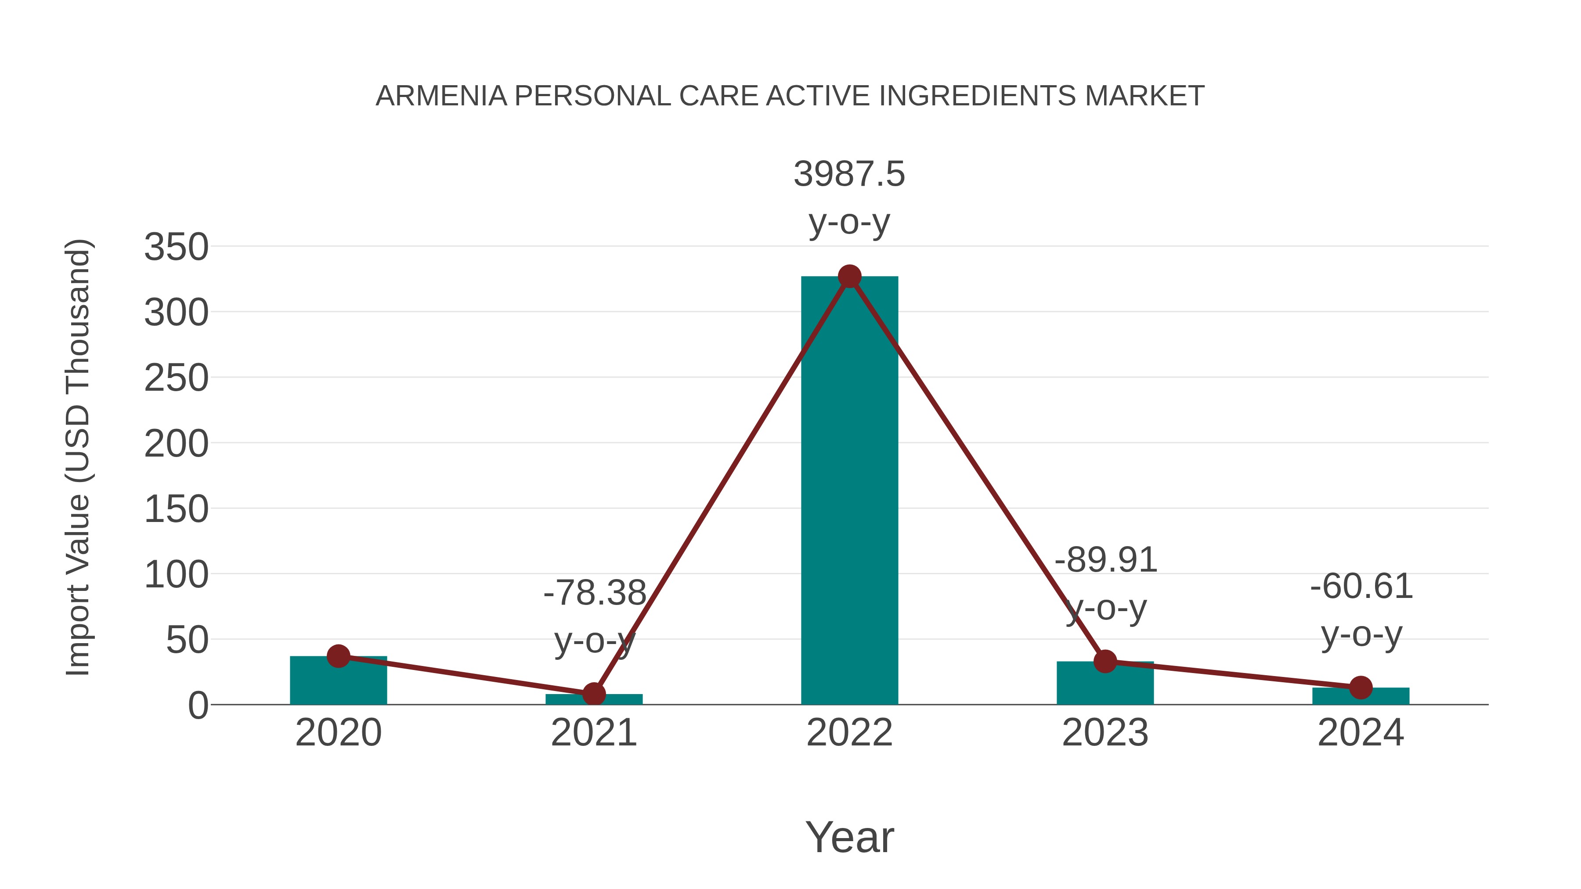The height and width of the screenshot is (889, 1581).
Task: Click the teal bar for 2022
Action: click(x=849, y=491)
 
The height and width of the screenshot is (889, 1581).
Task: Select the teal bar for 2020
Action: click(x=338, y=681)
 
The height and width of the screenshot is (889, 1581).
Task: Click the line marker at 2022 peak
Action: click(x=849, y=277)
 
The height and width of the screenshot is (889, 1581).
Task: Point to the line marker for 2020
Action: click(x=338, y=656)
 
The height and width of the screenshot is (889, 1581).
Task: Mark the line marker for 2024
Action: click(x=1361, y=688)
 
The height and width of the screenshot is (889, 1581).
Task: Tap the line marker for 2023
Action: click(x=1105, y=662)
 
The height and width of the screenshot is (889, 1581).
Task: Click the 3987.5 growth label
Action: click(x=849, y=174)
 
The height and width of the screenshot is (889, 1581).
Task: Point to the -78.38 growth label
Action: click(x=594, y=593)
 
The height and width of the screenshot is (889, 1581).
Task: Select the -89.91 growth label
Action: click(x=1105, y=560)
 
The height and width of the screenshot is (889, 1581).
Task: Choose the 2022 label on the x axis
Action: click(x=849, y=733)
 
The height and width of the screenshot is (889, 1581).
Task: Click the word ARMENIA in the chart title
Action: click(x=441, y=96)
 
